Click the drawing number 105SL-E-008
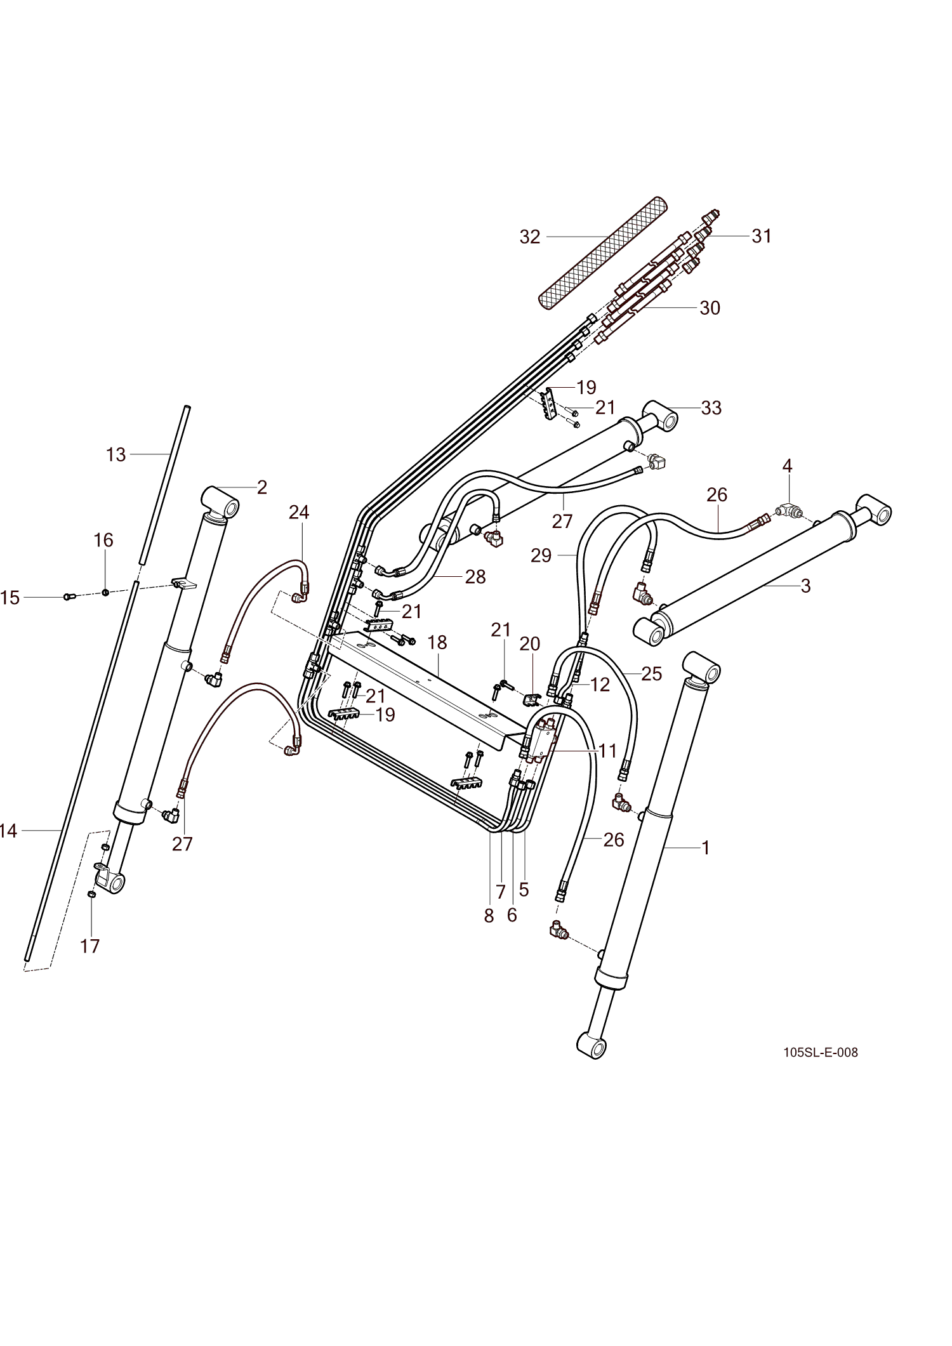click(820, 1052)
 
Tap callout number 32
click(530, 237)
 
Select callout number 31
click(762, 235)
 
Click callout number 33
click(711, 407)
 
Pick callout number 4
click(787, 466)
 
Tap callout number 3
click(805, 585)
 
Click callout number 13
click(116, 454)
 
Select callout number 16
click(103, 540)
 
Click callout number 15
click(10, 597)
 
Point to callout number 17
click(90, 946)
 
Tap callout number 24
click(299, 512)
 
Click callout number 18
click(437, 642)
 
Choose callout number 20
click(530, 643)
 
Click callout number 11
click(607, 751)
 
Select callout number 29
click(541, 555)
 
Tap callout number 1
click(704, 847)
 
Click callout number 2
click(261, 487)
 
